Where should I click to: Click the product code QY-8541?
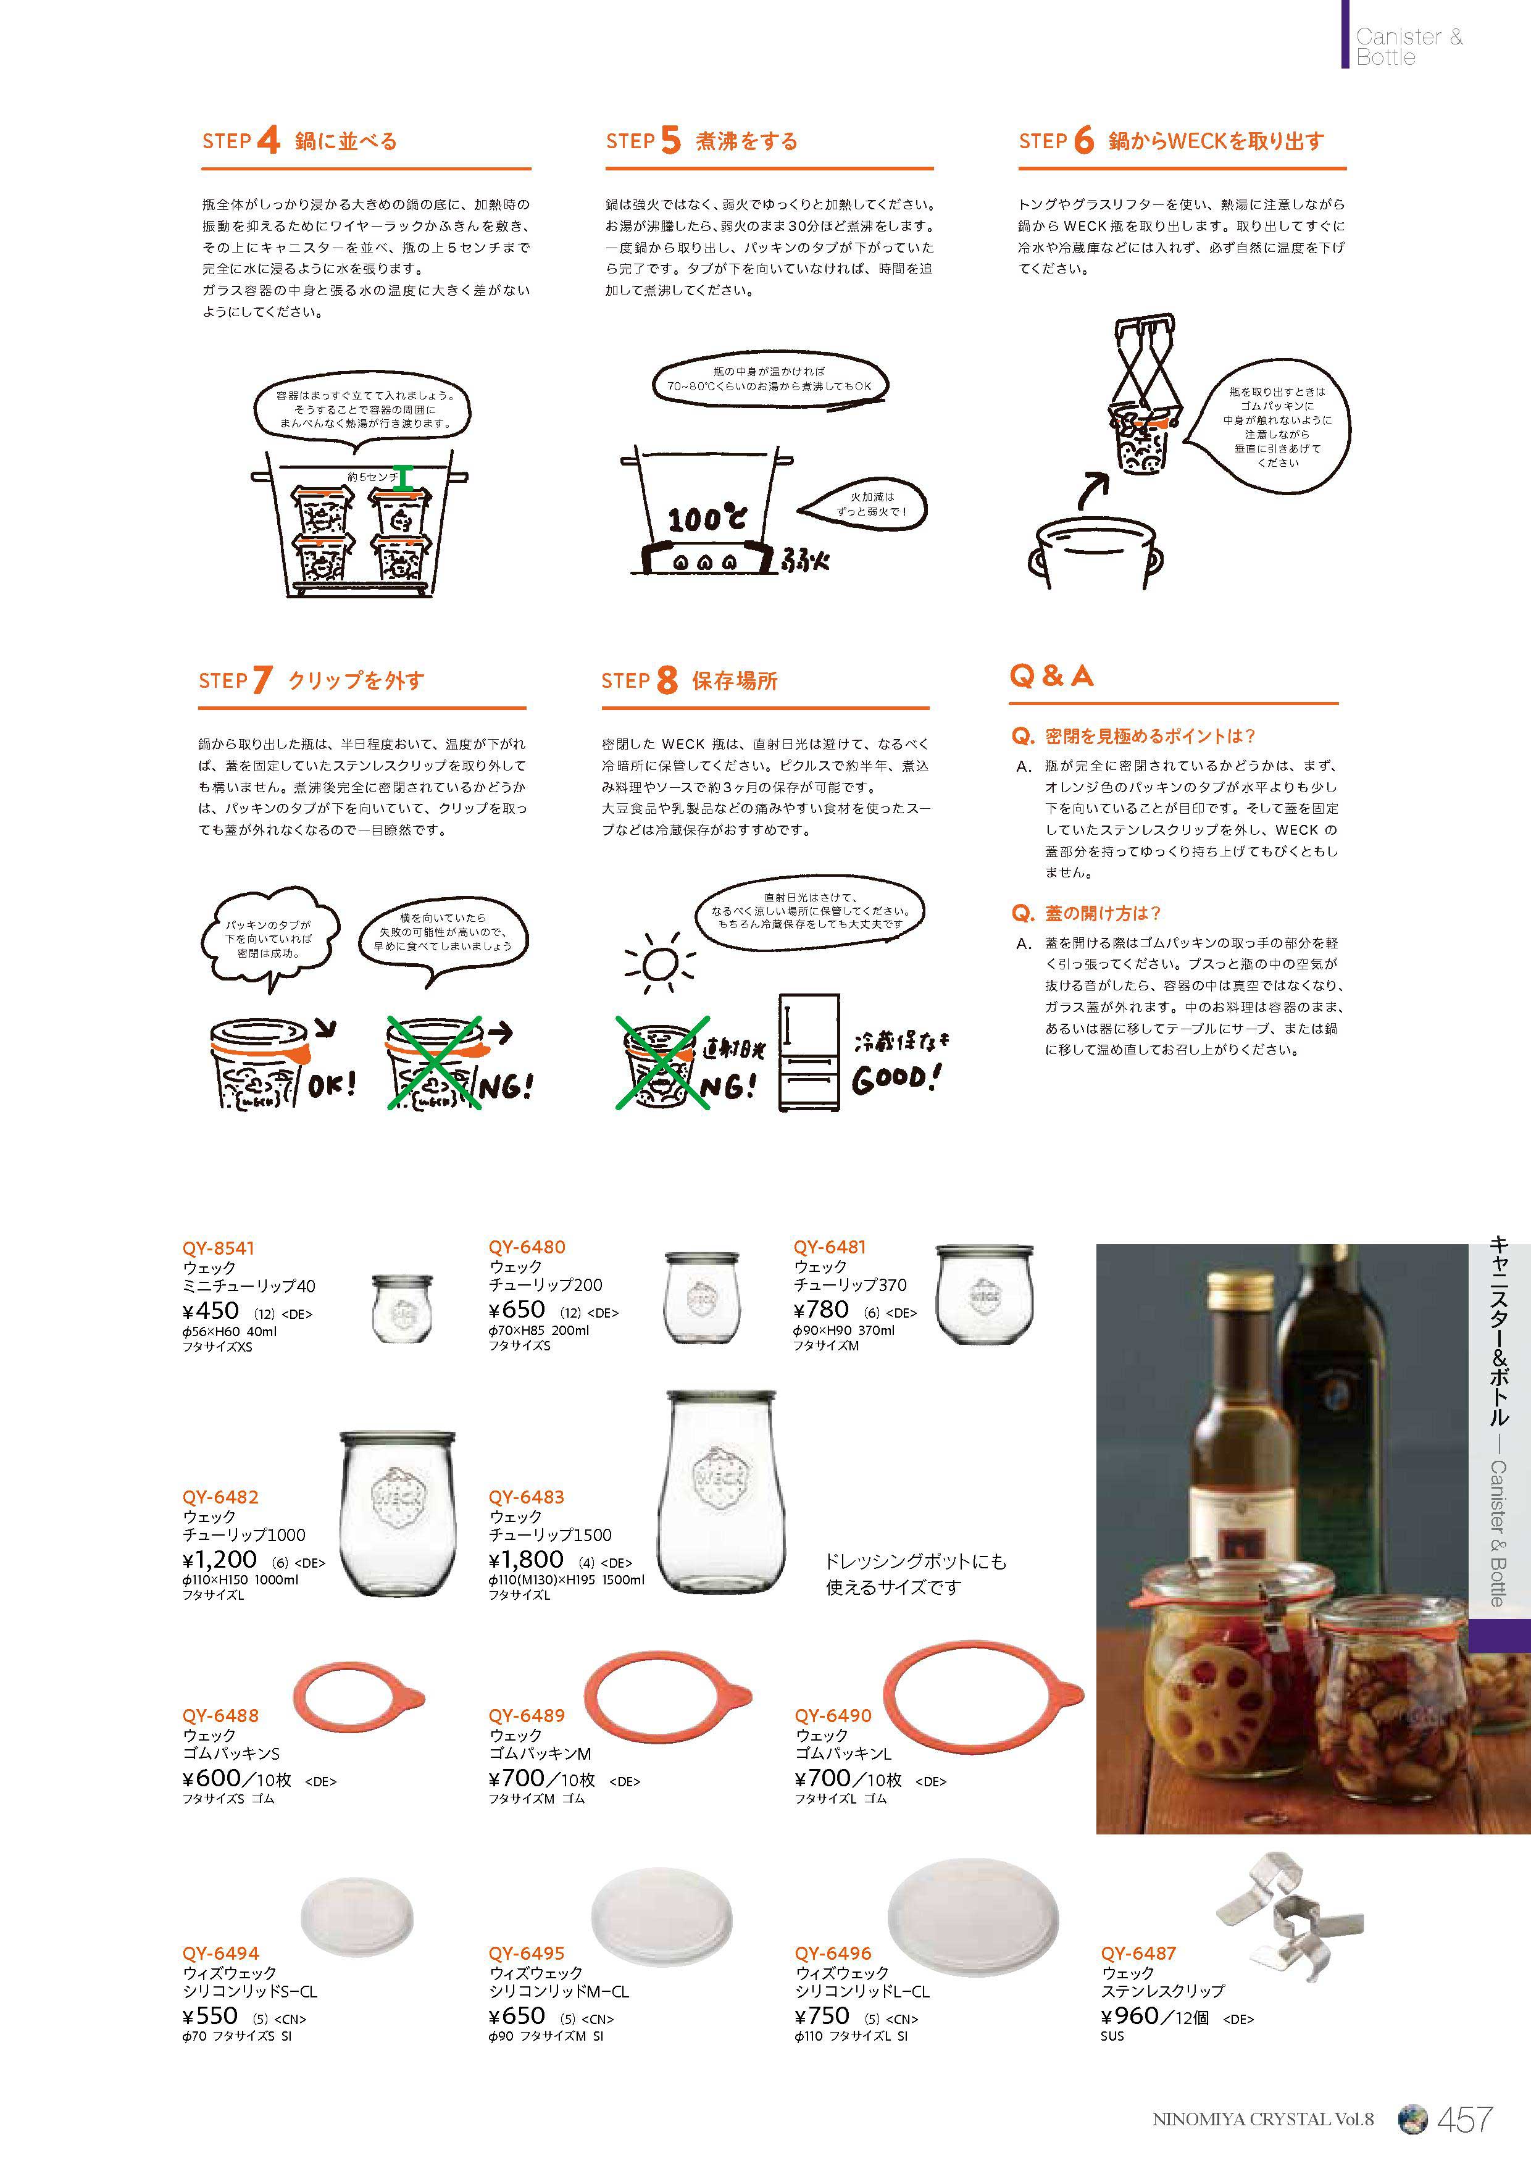(219, 1248)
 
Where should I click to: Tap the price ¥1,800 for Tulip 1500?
(527, 1560)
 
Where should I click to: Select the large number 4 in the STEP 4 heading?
(268, 141)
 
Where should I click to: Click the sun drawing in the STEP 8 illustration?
(659, 963)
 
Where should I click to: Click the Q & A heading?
(1052, 675)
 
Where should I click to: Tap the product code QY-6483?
(525, 1497)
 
